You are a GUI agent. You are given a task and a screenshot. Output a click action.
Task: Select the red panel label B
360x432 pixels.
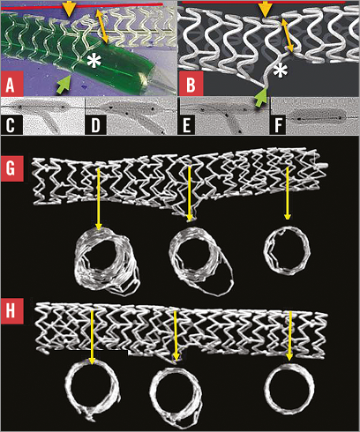(191, 84)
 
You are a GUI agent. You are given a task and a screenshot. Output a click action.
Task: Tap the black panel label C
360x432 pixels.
(11, 125)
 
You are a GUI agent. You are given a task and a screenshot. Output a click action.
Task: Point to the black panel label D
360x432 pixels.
(95, 125)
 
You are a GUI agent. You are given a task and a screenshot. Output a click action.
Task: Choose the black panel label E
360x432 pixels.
(187, 125)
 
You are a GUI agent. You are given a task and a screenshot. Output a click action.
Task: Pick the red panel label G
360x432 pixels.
(12, 168)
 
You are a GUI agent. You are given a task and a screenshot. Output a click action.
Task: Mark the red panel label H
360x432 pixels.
(12, 311)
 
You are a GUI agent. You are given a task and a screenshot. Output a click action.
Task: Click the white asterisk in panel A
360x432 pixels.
(94, 62)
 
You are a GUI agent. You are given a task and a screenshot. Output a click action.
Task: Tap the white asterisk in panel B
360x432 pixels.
(279, 71)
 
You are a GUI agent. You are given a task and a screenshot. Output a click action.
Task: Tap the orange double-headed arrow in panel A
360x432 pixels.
(101, 26)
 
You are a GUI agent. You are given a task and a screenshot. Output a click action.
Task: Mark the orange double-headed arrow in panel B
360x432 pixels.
(288, 35)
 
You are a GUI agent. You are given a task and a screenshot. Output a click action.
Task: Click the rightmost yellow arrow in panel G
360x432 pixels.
(288, 194)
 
